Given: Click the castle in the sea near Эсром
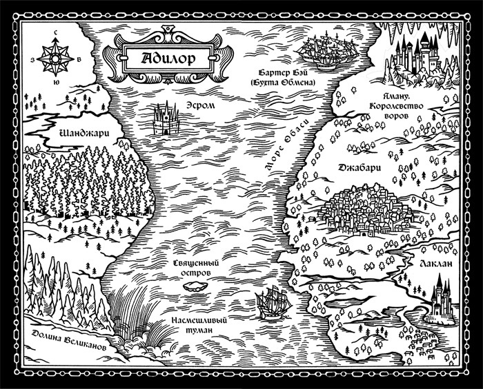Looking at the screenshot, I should pos(166,120).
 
